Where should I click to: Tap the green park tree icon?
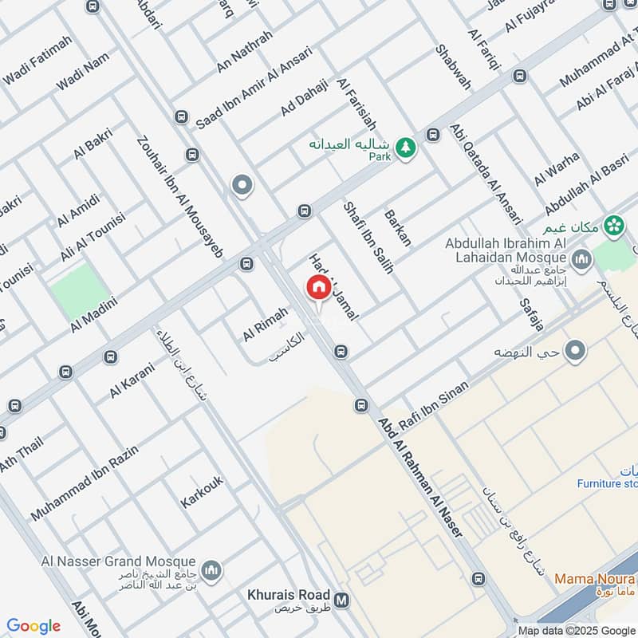407,147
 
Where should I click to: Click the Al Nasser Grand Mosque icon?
211,570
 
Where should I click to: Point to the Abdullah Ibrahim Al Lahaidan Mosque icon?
581,258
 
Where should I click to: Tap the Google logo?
33,626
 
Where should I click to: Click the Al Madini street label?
93,315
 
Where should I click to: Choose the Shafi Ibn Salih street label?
368,237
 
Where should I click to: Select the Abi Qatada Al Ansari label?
486,173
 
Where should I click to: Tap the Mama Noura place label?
593,578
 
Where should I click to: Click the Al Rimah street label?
265,325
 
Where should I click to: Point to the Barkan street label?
398,227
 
